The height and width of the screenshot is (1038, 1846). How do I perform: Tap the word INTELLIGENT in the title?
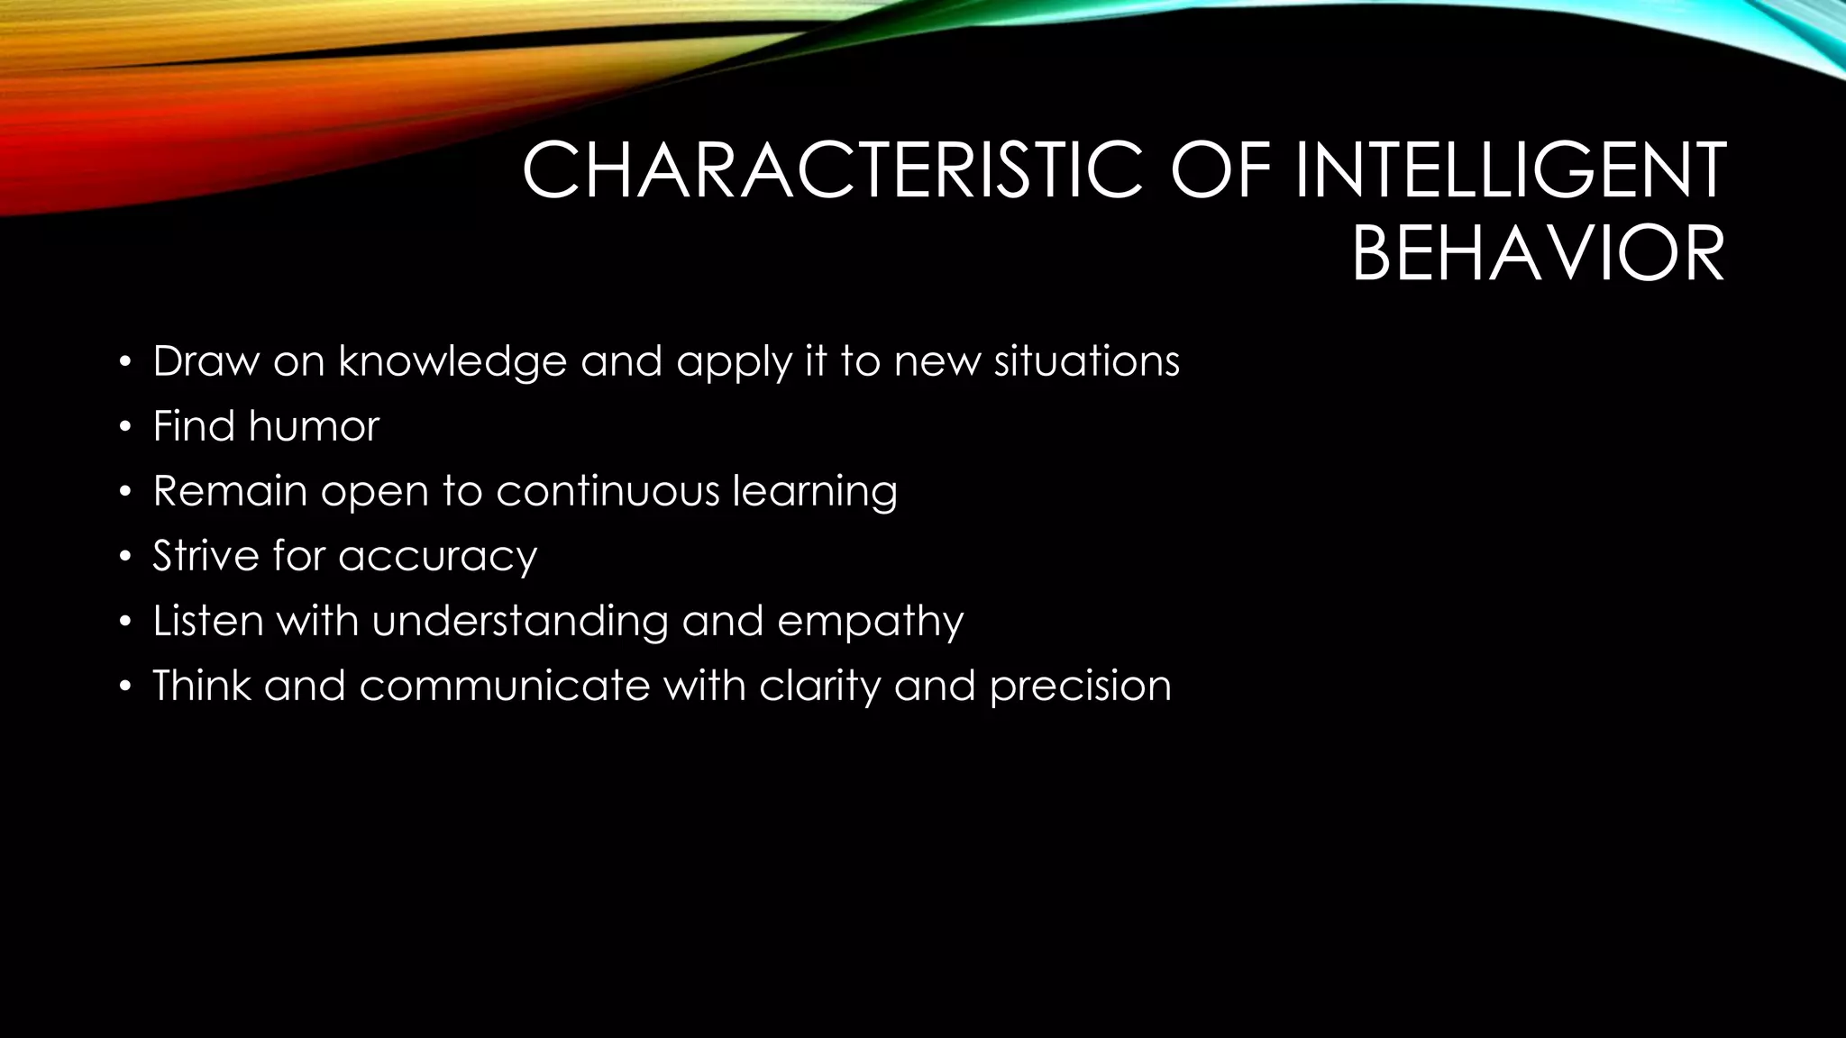(1510, 171)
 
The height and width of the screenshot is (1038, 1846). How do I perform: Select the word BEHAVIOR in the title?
(1538, 255)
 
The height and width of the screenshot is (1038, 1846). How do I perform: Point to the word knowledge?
(452, 362)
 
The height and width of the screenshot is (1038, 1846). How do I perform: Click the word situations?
(1087, 362)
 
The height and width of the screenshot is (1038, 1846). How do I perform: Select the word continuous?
(608, 491)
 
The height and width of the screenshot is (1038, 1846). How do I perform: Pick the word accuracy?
(438, 557)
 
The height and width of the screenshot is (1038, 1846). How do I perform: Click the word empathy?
(870, 622)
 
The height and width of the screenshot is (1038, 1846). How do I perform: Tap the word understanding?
(520, 622)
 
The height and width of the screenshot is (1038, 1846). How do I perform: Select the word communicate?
(505, 686)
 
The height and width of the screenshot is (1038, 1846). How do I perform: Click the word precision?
(1080, 687)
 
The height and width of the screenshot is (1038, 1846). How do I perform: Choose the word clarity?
(819, 687)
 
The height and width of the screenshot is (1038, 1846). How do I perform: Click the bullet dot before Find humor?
(125, 428)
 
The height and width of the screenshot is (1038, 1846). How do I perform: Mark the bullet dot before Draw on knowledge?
(125, 363)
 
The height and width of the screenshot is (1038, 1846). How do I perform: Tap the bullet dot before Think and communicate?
(125, 687)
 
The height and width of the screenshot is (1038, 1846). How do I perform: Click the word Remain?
(230, 491)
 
